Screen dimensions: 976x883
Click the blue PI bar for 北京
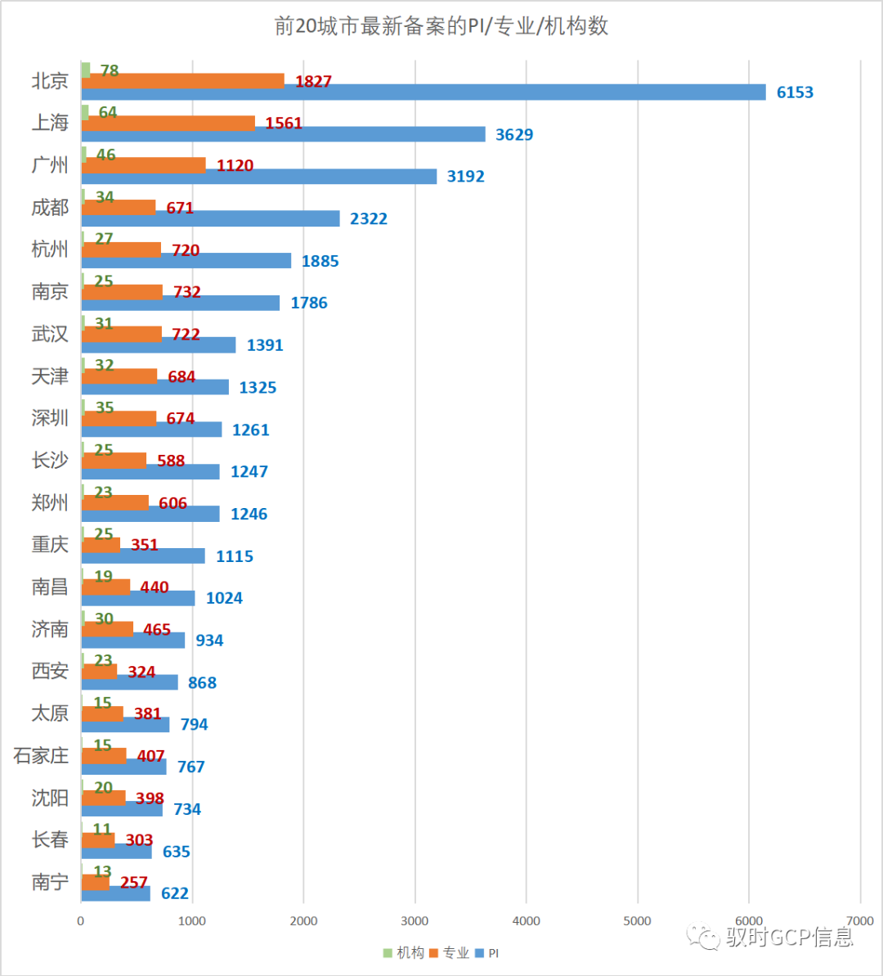[x=424, y=92]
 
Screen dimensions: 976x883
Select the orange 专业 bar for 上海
[x=168, y=124]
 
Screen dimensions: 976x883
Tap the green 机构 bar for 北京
[x=86, y=70]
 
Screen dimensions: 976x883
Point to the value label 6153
[x=795, y=92]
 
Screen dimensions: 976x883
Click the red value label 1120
[x=235, y=166]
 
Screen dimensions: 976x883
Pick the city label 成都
[x=50, y=208]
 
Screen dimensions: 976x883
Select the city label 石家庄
[x=41, y=756]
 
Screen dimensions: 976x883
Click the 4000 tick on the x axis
[x=526, y=921]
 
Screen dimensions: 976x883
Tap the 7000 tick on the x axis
[x=859, y=921]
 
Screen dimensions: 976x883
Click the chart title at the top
[x=441, y=26]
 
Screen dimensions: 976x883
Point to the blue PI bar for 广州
[x=259, y=177]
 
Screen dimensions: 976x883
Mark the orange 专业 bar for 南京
[x=122, y=292]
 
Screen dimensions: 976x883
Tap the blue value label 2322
[x=369, y=219]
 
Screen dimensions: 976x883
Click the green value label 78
[x=110, y=71]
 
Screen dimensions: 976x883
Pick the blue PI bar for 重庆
[x=143, y=556]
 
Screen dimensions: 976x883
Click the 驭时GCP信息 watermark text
[x=788, y=937]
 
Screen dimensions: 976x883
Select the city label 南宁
[x=50, y=883]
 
